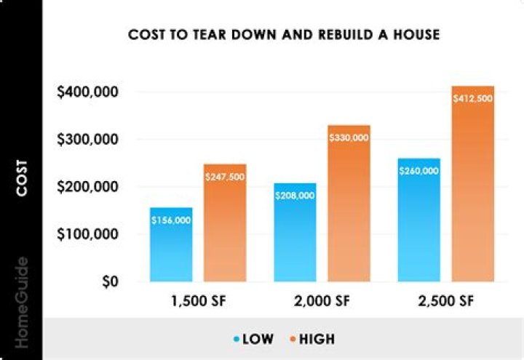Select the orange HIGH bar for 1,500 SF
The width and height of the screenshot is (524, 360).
pyautogui.click(x=225, y=233)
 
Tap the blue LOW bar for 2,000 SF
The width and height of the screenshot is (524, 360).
pyautogui.click(x=295, y=236)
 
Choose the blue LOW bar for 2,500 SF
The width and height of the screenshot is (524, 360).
pyautogui.click(x=419, y=225)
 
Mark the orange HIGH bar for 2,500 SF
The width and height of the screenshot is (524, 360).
pyautogui.click(x=473, y=189)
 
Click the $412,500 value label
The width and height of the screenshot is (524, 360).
pyautogui.click(x=473, y=98)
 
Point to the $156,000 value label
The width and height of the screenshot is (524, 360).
pyautogui.click(x=172, y=220)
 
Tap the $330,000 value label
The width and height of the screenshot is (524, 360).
pyautogui.click(x=349, y=137)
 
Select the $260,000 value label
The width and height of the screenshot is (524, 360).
pyautogui.click(x=419, y=171)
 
